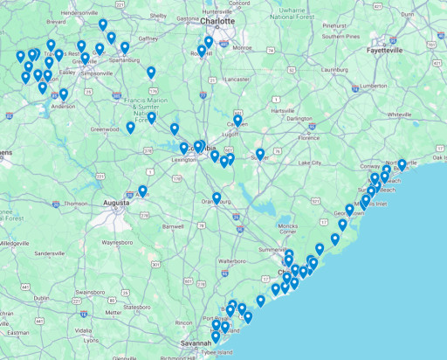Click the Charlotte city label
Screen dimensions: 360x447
[217, 20]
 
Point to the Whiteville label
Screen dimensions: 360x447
[399, 114]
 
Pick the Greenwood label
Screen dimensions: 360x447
[105, 129]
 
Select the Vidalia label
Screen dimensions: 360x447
[84, 330]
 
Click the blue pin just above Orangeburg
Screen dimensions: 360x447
[217, 197]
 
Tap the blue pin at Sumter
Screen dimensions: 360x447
[259, 154]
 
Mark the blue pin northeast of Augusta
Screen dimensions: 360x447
[142, 190]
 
